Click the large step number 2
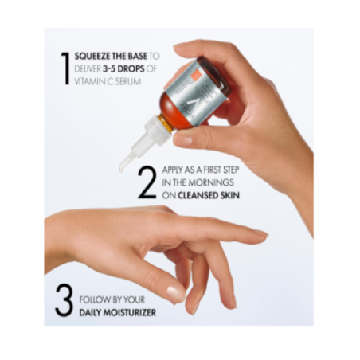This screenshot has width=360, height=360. tap(146, 182)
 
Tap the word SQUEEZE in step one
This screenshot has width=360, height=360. tap(92, 57)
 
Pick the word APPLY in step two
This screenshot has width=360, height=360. tap(173, 170)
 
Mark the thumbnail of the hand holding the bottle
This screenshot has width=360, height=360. tap(182, 139)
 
